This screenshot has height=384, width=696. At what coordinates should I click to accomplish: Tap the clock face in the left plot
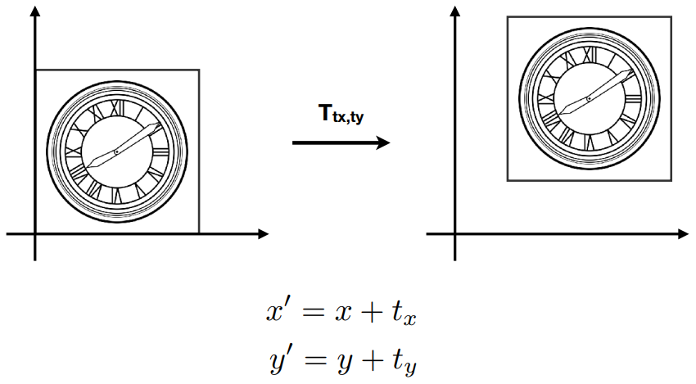tap(116, 152)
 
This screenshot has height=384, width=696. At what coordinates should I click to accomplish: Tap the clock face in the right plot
tap(589, 98)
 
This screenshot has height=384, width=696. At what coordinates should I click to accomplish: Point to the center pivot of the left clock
tap(116, 152)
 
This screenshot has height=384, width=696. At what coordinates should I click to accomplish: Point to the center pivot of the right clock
tap(589, 98)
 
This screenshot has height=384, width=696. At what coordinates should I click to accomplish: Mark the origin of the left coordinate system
tap(35, 234)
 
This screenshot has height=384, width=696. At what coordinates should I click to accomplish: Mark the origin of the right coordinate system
tap(454, 234)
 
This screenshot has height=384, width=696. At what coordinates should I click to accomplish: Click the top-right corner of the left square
tap(199, 70)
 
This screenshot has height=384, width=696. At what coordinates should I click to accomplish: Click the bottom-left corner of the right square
tap(507, 179)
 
